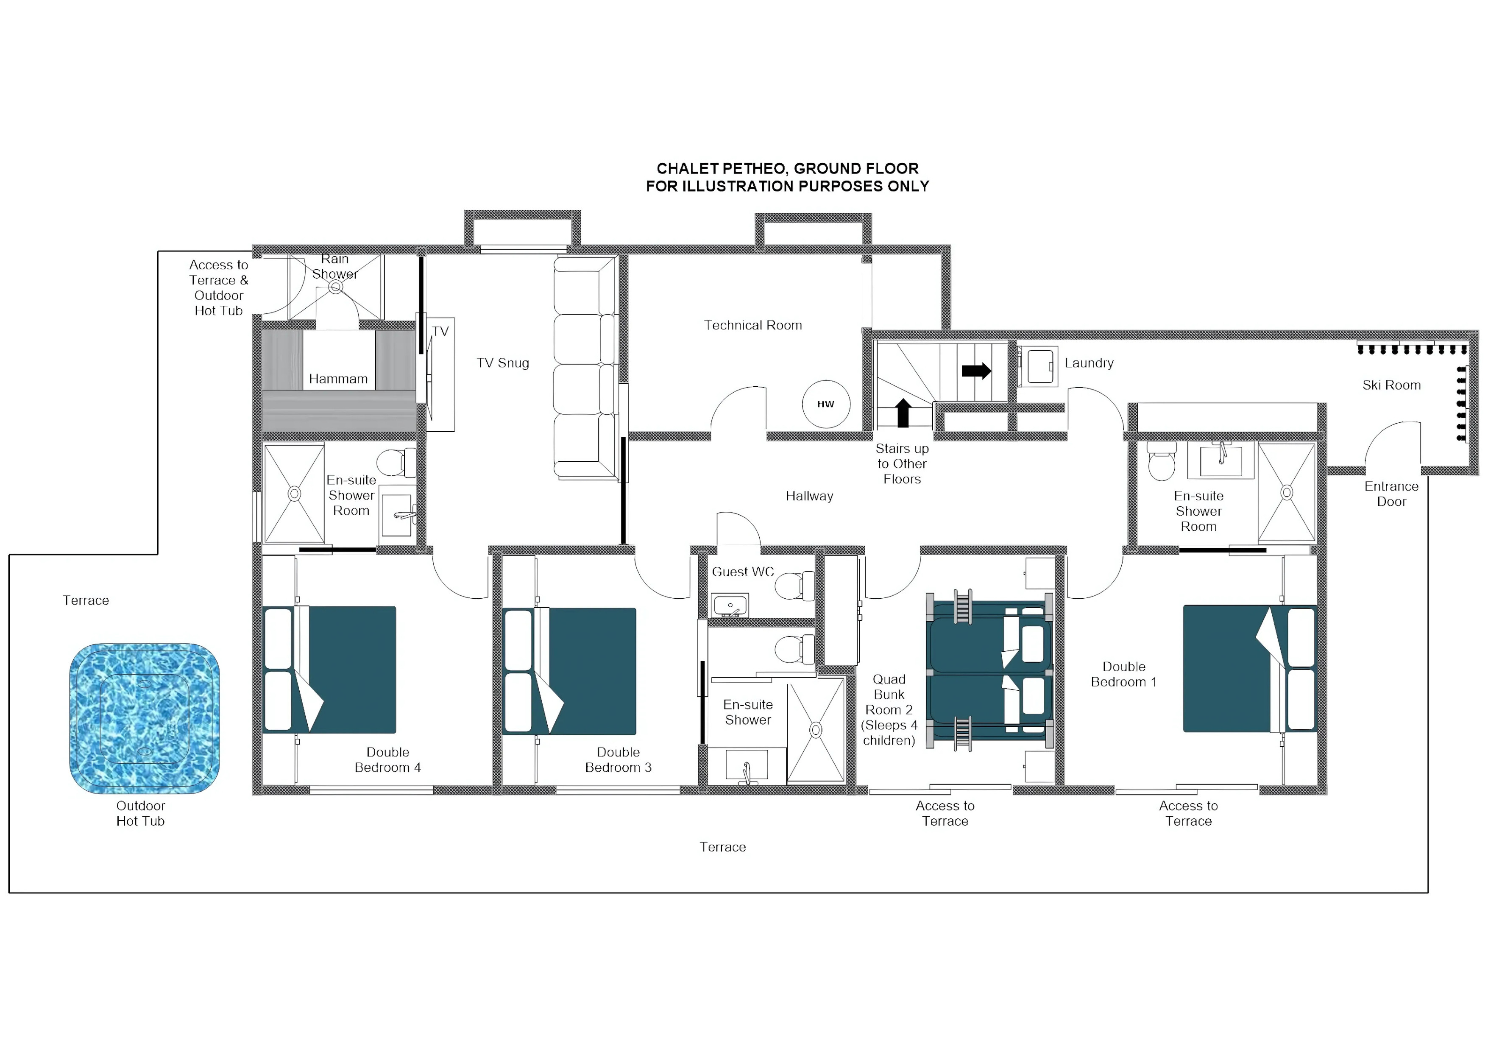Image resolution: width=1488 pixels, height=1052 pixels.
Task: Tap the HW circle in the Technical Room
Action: tap(826, 404)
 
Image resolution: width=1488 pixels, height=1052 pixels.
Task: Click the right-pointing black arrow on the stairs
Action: tap(976, 371)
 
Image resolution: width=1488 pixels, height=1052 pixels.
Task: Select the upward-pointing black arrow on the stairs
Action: tap(903, 413)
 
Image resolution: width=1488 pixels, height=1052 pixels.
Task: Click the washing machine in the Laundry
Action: tap(1039, 367)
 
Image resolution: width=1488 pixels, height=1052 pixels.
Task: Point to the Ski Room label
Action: tap(1391, 385)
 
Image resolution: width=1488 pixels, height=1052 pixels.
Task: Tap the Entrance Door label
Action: tap(1391, 494)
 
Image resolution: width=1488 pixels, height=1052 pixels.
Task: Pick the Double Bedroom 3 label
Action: tap(618, 760)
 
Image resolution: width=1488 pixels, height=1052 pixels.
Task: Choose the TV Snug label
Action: tap(502, 363)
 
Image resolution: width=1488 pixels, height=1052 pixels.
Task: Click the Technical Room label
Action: tap(752, 325)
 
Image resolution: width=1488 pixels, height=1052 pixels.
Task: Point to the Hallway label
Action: tap(809, 496)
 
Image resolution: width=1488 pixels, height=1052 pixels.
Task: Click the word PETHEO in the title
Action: tap(754, 168)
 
